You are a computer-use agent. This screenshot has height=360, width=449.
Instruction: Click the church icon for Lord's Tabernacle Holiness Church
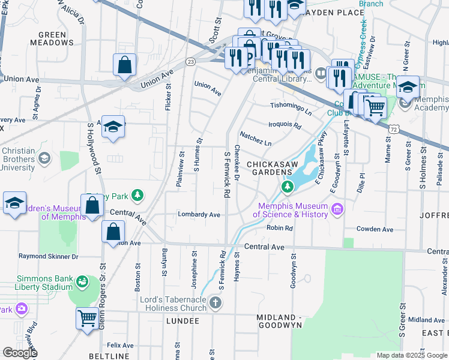click(x=216, y=304)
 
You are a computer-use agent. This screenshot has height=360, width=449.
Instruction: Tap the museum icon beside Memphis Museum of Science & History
click(x=337, y=209)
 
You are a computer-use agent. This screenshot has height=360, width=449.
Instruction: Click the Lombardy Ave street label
click(x=199, y=214)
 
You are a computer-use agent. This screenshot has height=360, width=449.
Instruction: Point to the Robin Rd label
click(x=279, y=228)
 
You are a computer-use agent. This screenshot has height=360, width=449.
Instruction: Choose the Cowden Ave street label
click(x=375, y=229)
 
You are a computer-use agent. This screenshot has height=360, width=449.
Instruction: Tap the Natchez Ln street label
click(x=256, y=139)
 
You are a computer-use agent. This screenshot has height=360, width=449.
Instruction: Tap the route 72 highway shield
click(x=393, y=128)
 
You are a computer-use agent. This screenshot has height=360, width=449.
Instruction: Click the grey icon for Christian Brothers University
click(x=44, y=158)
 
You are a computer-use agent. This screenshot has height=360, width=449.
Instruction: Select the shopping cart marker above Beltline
click(x=87, y=318)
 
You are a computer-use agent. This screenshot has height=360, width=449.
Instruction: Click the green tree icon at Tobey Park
click(x=138, y=196)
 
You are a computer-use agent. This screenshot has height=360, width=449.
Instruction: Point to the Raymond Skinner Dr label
click(x=49, y=256)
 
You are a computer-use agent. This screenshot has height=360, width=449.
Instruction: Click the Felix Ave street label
click(x=120, y=346)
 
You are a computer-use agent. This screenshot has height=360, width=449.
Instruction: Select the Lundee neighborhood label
click(x=182, y=321)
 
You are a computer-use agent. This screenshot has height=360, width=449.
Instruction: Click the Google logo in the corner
click(x=20, y=353)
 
